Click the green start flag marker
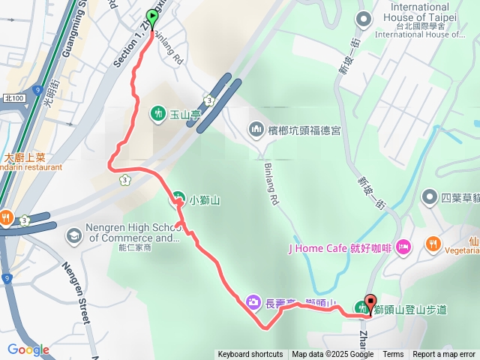[x=153, y=16]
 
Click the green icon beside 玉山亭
[x=158, y=113]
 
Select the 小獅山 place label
[x=204, y=199]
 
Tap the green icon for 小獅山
[x=178, y=199]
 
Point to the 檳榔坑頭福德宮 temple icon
[x=256, y=130]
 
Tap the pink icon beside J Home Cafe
[x=403, y=247]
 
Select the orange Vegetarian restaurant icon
[x=433, y=244]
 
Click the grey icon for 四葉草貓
[x=429, y=197]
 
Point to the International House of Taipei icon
[x=364, y=19]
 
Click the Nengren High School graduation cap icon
[x=73, y=236]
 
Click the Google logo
[x=28, y=349]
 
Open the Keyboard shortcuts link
[x=250, y=355]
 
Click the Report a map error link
[x=444, y=355]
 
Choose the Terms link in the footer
[x=393, y=355]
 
